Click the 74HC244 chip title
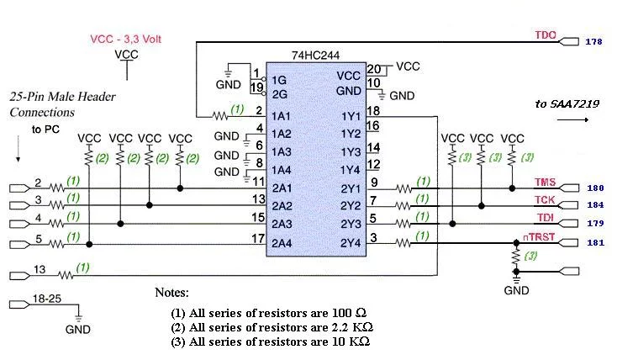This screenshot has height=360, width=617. pyautogui.click(x=315, y=56)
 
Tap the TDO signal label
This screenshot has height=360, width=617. pyautogui.click(x=546, y=35)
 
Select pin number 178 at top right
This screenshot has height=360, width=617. pyautogui.click(x=593, y=42)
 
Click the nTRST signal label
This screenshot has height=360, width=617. pyautogui.click(x=539, y=236)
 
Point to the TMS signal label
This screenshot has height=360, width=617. pyautogui.click(x=545, y=183)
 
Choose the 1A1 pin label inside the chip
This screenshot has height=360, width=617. pyautogui.click(x=281, y=116)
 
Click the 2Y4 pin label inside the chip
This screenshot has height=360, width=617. pyautogui.click(x=351, y=243)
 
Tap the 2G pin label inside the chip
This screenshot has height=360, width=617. pyautogui.click(x=279, y=94)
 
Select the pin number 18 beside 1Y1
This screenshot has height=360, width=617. pyautogui.click(x=373, y=111)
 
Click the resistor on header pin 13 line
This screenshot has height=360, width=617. pyautogui.click(x=66, y=275)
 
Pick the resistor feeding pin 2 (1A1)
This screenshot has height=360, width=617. pyautogui.click(x=220, y=116)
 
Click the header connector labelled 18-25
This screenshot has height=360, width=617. pyautogui.click(x=18, y=304)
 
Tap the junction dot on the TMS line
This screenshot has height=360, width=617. pyautogui.click(x=512, y=188)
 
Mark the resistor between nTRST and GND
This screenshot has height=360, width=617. pyautogui.click(x=516, y=257)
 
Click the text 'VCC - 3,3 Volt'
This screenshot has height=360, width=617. pyautogui.click(x=126, y=39)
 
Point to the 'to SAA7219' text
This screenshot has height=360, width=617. pyautogui.click(x=567, y=104)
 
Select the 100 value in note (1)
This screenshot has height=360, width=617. pyautogui.click(x=341, y=313)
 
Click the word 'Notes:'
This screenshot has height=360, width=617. pyautogui.click(x=171, y=292)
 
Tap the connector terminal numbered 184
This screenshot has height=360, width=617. pyautogui.click(x=568, y=205)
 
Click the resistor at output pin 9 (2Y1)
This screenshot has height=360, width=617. pyautogui.click(x=403, y=188)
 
